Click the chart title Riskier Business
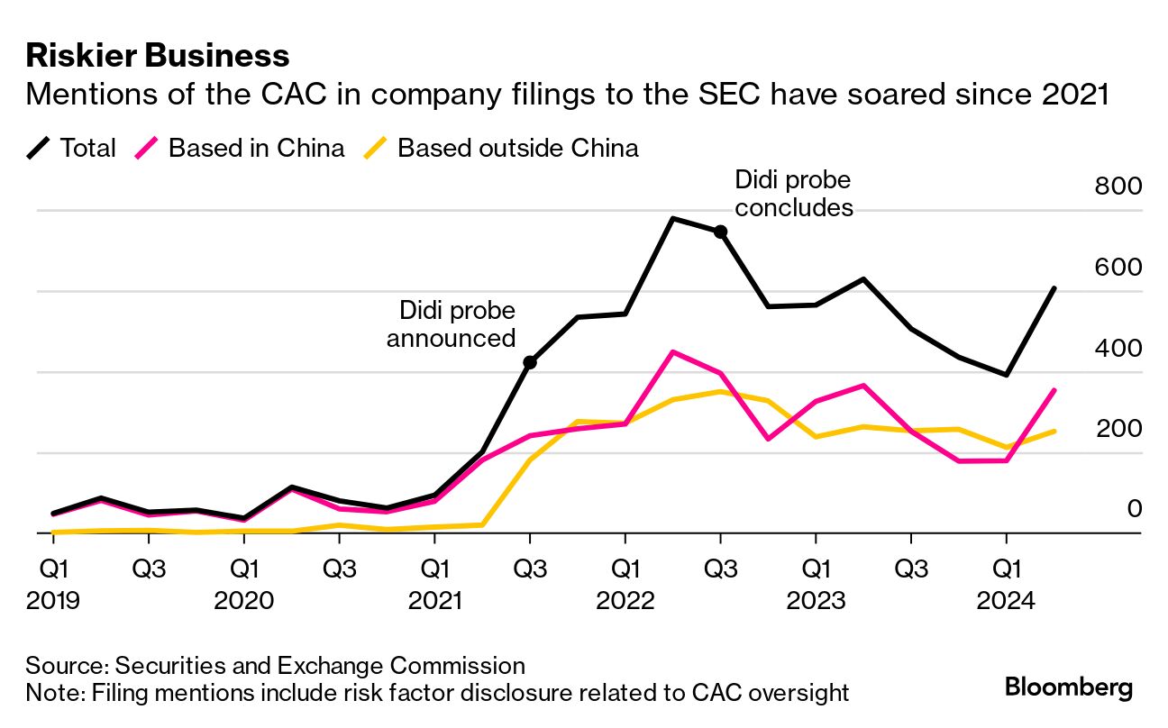pyautogui.click(x=158, y=56)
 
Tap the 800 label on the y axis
pyautogui.click(x=1118, y=187)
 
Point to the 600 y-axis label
pyautogui.click(x=1118, y=268)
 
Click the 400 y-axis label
pyautogui.click(x=1118, y=348)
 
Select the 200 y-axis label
pyautogui.click(x=1118, y=429)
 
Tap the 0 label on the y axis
pyautogui.click(x=1135, y=509)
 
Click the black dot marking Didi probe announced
pyautogui.click(x=530, y=362)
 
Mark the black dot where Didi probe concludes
pyautogui.click(x=720, y=232)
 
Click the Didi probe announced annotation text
pyautogui.click(x=452, y=324)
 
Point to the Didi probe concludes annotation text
pyautogui.click(x=793, y=193)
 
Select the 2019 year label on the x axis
pyautogui.click(x=53, y=599)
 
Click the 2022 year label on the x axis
pyautogui.click(x=625, y=599)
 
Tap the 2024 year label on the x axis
pyautogui.click(x=1006, y=599)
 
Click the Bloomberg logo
pyautogui.click(x=1069, y=687)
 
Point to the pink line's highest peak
pyautogui.click(x=672, y=351)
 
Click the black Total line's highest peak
pyautogui.click(x=672, y=218)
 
